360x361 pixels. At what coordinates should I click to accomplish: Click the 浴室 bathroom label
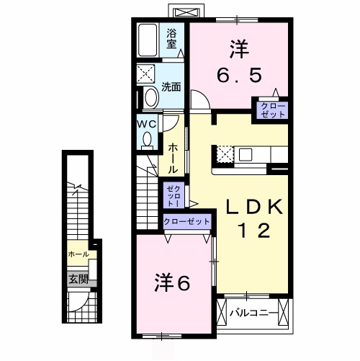coord(172,38)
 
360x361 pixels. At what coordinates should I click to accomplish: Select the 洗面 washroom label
coord(171,87)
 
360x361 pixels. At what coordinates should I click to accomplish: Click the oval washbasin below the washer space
coord(150,98)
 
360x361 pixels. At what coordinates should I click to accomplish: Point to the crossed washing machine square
coord(149,73)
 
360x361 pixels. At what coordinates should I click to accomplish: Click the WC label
coord(147,123)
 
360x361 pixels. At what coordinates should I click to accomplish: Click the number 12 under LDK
coord(254,232)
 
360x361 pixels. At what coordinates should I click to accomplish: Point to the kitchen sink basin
coord(246,153)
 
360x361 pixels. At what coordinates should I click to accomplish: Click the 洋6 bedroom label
coord(173,282)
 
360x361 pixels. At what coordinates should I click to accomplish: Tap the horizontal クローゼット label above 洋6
coord(186,222)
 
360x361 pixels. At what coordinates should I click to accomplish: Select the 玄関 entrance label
coord(78,279)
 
